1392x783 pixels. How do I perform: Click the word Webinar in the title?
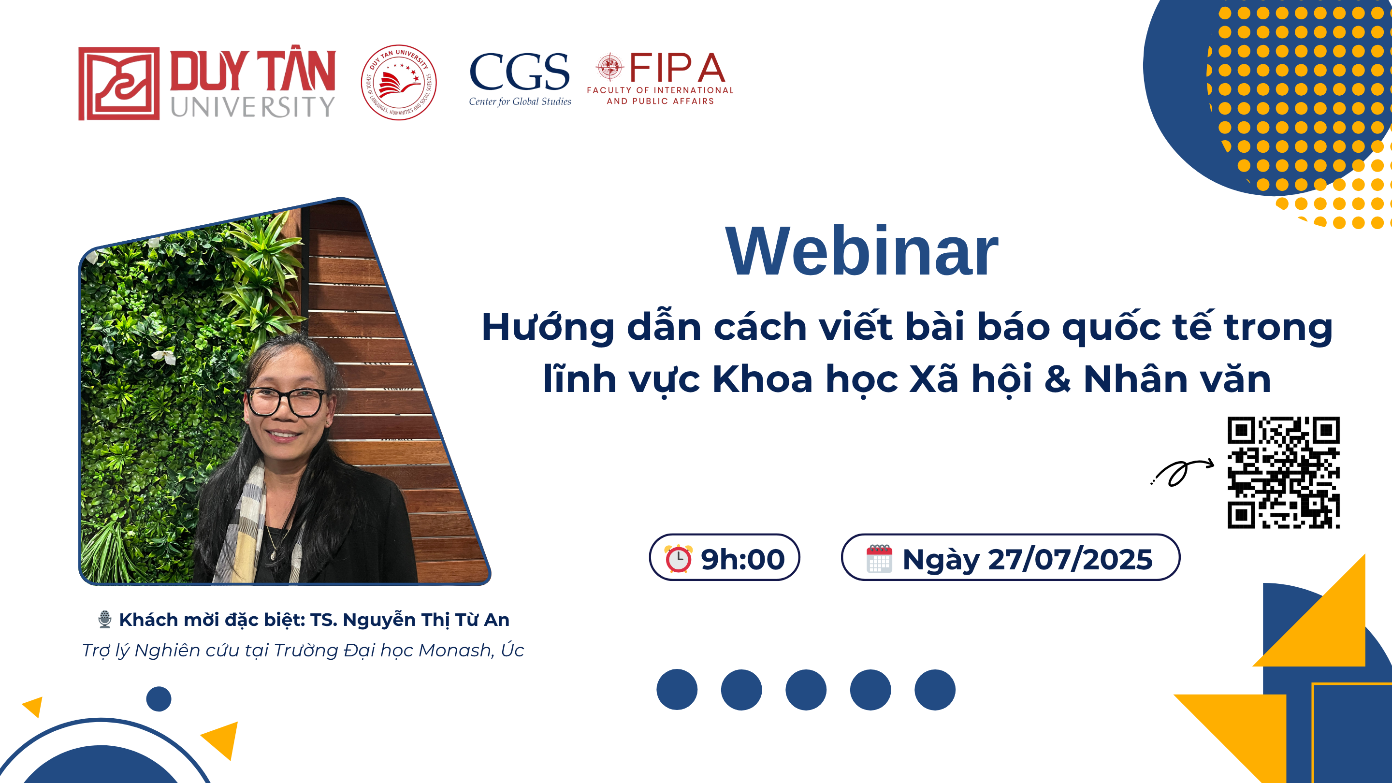point(861,252)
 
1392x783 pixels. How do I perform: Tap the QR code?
point(1283,472)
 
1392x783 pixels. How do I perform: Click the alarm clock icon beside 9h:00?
point(678,558)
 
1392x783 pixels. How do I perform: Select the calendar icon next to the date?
point(879,558)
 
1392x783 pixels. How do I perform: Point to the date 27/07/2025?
point(1070,559)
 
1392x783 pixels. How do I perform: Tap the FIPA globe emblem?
point(609,67)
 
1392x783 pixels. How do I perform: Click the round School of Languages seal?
point(399,82)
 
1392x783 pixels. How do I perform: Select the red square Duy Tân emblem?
point(119,83)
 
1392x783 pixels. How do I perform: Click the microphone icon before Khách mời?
point(105,619)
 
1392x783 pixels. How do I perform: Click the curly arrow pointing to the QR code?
point(1182,472)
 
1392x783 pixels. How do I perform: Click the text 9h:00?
point(742,559)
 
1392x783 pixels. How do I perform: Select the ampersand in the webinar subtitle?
point(1058,379)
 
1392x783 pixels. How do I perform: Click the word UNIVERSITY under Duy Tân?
point(253,106)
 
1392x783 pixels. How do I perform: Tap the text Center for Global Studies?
point(520,101)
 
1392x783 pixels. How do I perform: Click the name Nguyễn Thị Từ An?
point(426,620)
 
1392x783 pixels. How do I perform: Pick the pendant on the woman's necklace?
point(273,553)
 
